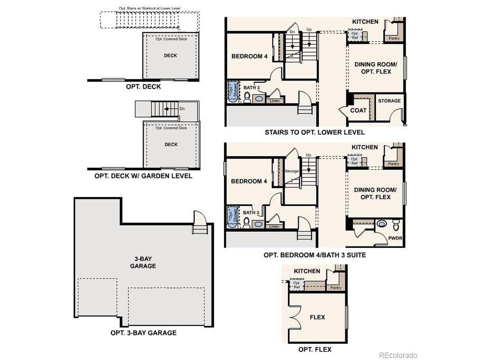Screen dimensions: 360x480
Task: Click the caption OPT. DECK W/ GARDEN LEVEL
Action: (143, 176)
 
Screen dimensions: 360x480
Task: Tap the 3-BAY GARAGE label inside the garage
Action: (143, 262)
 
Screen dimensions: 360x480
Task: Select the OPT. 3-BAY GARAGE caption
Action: (143, 333)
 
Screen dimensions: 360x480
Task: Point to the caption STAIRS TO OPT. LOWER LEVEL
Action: (314, 132)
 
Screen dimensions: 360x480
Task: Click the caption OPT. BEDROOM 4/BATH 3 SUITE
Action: (314, 255)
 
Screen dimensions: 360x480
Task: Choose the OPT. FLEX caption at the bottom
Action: (315, 349)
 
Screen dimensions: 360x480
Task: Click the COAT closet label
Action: (358, 110)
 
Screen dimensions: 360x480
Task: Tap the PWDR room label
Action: (395, 238)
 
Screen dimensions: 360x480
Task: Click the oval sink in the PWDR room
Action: (382, 224)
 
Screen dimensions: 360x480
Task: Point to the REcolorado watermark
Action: (398, 355)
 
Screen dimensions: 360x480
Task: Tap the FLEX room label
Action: (317, 317)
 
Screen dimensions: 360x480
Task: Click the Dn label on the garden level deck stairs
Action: (182, 109)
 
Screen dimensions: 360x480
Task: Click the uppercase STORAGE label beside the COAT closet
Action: (389, 101)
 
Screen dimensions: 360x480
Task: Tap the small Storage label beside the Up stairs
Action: (291, 171)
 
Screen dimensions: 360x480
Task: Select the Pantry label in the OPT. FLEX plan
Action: (336, 288)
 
